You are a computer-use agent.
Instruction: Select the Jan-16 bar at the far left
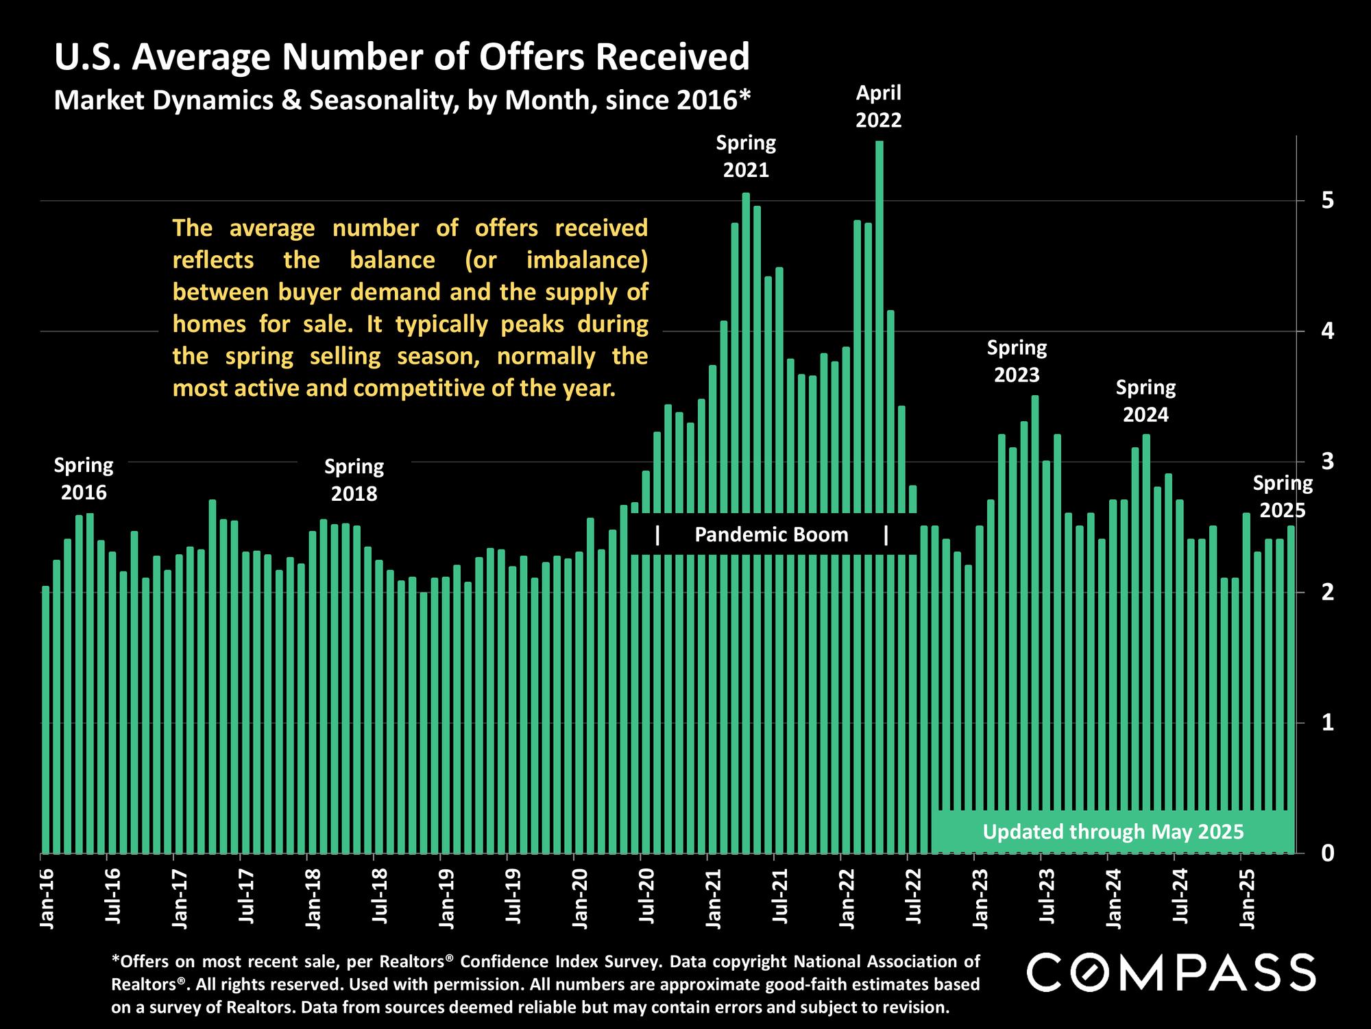tap(46, 720)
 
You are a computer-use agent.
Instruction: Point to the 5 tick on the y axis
tap(1328, 200)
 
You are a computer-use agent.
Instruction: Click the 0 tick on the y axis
tap(1328, 853)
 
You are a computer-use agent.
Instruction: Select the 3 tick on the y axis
tap(1328, 461)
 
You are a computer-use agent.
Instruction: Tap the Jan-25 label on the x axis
tap(1248, 899)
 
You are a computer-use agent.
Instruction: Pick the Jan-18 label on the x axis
tap(313, 899)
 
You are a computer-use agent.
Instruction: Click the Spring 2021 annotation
tap(746, 156)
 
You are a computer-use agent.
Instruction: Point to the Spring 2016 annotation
tap(84, 479)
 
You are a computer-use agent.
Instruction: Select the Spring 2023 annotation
tap(1017, 362)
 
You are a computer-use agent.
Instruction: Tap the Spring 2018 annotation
tap(354, 480)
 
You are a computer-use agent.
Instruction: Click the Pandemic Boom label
tap(771, 534)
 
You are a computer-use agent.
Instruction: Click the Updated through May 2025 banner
tap(1113, 832)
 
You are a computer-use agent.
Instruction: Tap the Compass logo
tap(1171, 972)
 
